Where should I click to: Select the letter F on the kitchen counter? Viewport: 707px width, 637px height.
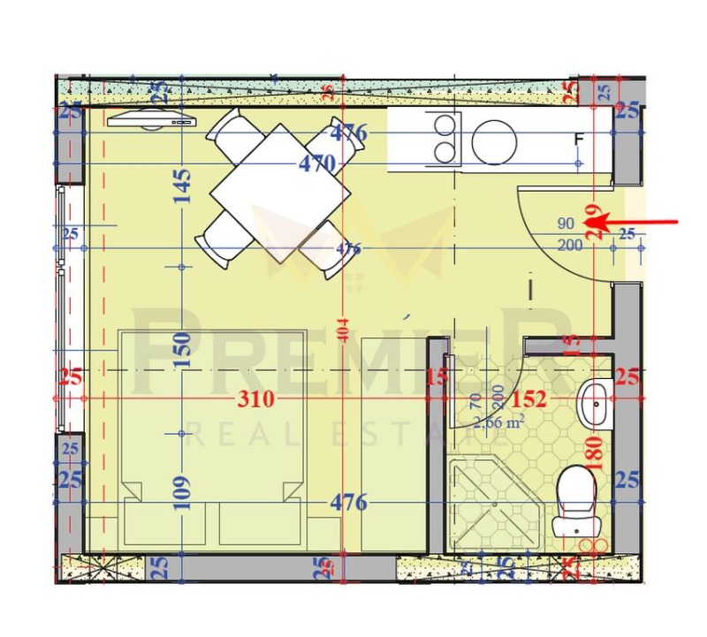(x=580, y=140)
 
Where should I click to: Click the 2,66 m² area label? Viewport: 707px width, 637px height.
(x=498, y=421)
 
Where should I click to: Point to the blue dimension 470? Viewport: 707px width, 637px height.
(x=315, y=163)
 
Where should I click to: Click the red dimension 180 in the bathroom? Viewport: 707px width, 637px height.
(x=593, y=451)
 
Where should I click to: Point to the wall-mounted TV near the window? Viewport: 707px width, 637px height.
(x=151, y=120)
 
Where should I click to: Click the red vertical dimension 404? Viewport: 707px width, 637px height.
(x=344, y=330)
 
